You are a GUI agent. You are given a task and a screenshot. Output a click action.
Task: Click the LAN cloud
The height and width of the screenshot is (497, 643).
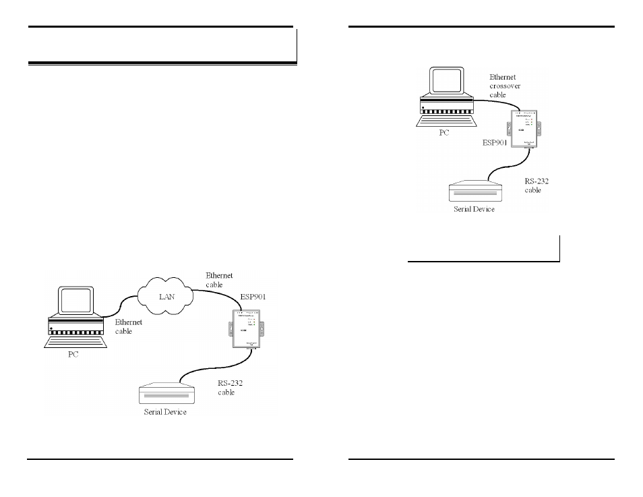(x=164, y=296)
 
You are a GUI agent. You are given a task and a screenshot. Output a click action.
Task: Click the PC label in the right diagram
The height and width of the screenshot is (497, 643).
(x=443, y=132)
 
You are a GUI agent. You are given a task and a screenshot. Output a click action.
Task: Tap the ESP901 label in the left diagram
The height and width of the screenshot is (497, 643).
(x=254, y=296)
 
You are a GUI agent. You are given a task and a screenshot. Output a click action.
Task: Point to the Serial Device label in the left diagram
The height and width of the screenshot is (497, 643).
(x=165, y=411)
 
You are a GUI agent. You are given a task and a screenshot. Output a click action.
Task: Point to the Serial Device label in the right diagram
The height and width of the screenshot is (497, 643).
(x=473, y=209)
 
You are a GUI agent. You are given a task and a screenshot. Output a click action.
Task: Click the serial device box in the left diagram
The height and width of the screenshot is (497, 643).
(x=166, y=394)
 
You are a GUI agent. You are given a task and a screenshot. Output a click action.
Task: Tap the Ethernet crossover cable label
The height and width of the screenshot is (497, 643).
(x=505, y=86)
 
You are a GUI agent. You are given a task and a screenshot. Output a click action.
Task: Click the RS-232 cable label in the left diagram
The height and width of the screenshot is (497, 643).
(x=230, y=387)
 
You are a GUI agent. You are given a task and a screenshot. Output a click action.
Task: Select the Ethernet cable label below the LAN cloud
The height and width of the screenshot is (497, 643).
(x=128, y=326)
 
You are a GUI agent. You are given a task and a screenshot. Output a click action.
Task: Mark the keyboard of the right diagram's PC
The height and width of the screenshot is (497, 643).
(x=446, y=121)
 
